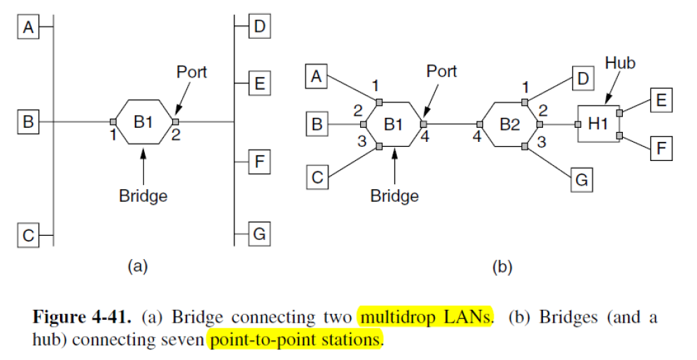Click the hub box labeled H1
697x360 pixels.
[598, 124]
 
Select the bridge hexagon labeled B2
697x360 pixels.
[509, 125]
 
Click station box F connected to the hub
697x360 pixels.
[660, 149]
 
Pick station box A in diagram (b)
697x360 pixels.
[317, 76]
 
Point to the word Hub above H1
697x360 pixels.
[620, 64]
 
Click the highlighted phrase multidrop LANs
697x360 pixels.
[425, 317]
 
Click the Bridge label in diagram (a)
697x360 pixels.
[143, 196]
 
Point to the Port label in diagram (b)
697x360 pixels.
[441, 71]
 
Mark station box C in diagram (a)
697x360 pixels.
[28, 235]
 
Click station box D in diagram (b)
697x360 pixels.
[581, 78]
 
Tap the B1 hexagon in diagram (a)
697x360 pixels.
[143, 122]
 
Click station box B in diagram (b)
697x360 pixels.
[317, 125]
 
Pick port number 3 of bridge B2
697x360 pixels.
[542, 141]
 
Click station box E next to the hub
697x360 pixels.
[660, 100]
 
